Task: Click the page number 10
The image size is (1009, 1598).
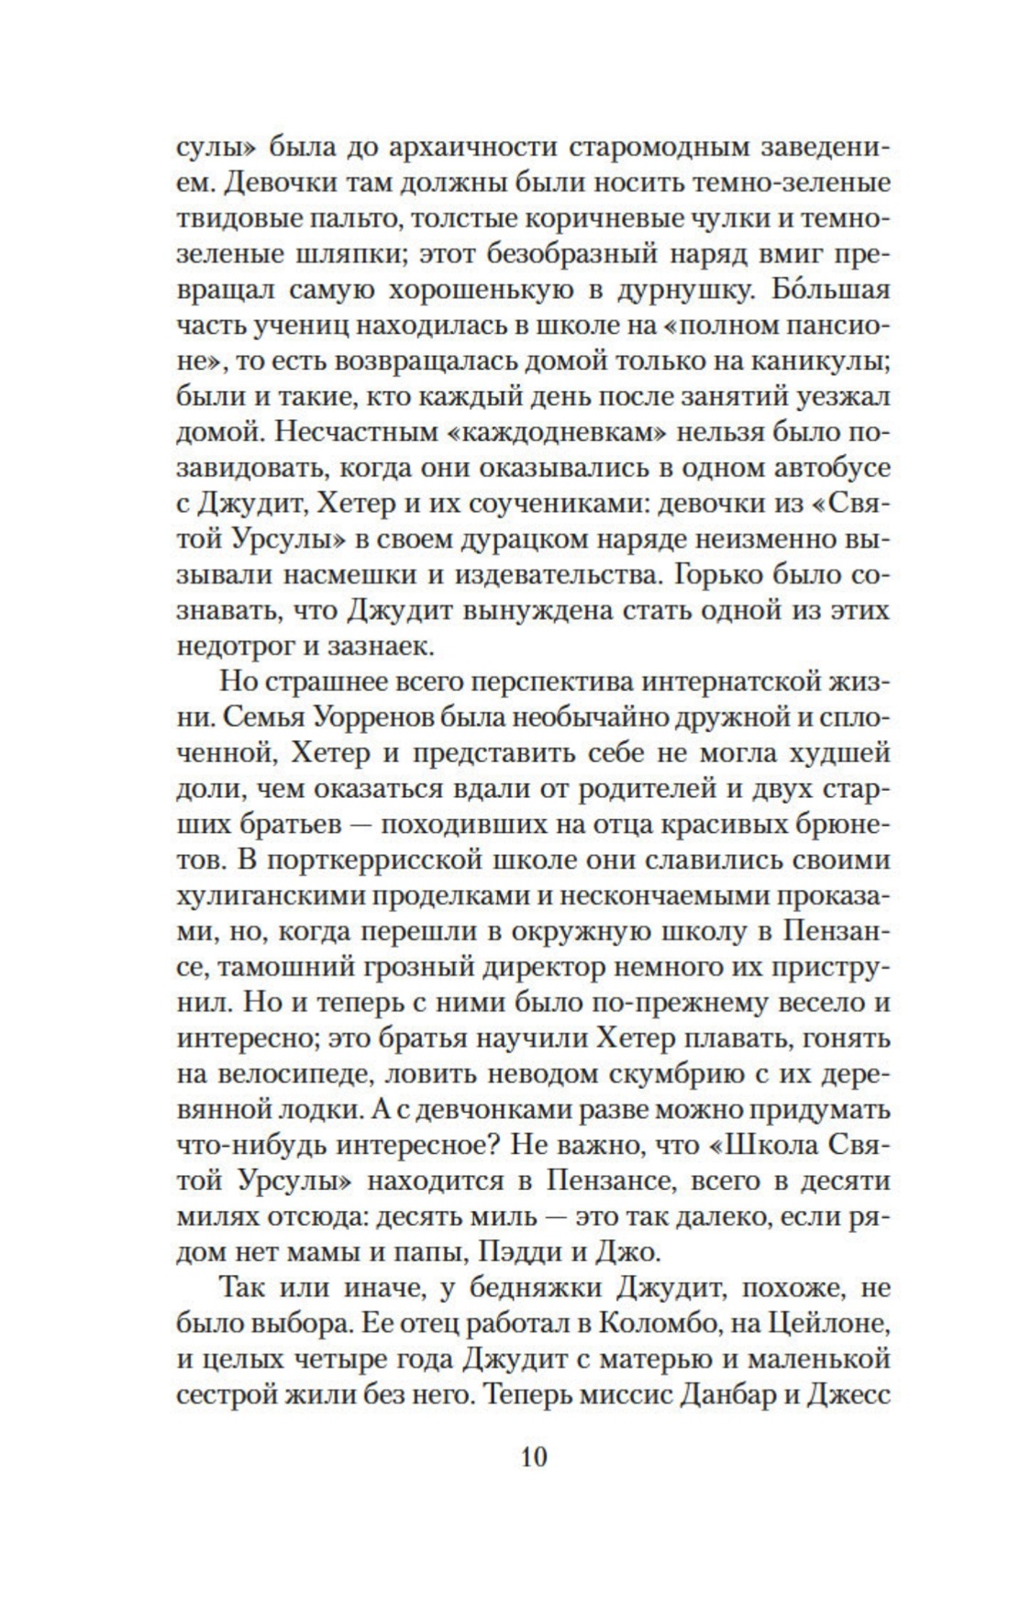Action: pos(533,1456)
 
